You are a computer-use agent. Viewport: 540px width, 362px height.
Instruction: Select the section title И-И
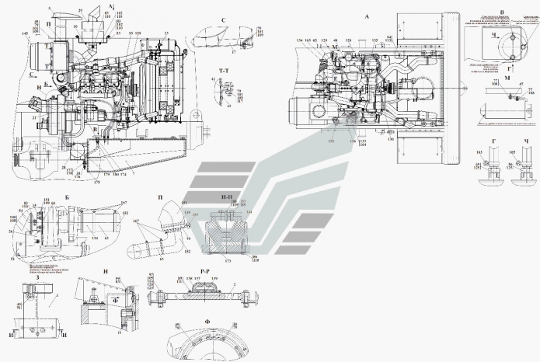click(x=227, y=199)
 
